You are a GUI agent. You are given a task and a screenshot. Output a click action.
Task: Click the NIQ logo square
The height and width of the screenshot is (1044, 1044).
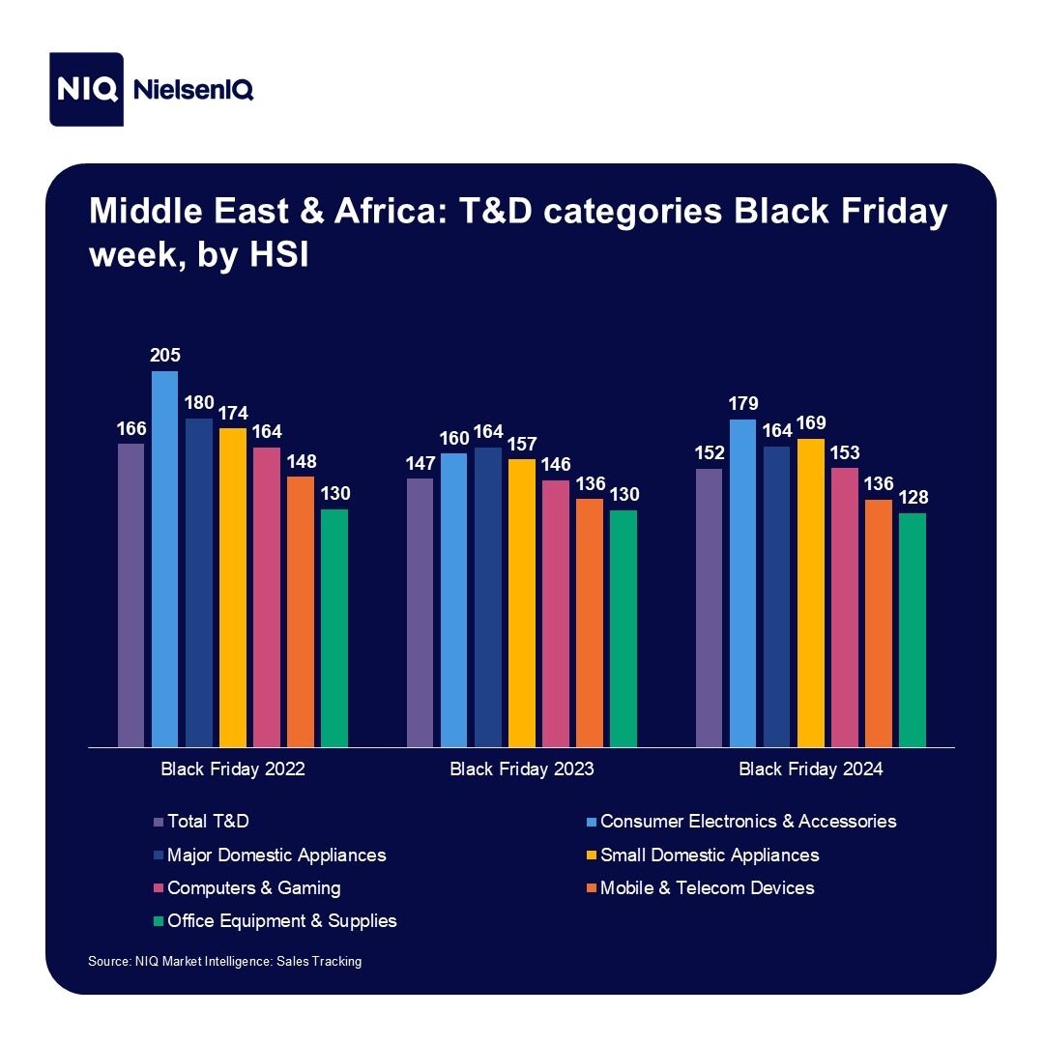(x=87, y=89)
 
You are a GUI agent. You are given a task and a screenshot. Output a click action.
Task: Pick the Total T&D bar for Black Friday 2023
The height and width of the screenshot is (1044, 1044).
(x=420, y=612)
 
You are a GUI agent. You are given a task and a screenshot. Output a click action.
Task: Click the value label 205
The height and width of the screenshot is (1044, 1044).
(x=164, y=356)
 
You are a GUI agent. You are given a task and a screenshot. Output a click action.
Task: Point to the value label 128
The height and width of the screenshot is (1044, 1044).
(x=913, y=498)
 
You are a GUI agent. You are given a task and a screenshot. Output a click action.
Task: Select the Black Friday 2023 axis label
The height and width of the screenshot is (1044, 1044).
(x=522, y=770)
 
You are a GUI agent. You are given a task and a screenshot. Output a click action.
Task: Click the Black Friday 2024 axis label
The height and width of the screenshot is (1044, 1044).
(x=811, y=770)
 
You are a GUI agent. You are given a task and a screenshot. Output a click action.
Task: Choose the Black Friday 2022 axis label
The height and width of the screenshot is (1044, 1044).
(x=232, y=770)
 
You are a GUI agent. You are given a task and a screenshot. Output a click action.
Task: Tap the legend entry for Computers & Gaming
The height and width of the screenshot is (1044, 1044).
(x=253, y=887)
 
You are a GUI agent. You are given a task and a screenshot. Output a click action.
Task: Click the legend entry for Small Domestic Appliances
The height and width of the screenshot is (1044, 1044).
(x=710, y=855)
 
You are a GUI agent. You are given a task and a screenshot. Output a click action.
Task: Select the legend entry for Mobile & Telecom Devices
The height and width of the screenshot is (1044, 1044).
(x=707, y=887)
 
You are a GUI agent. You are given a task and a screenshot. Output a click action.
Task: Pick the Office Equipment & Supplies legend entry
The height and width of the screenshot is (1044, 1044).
(x=281, y=920)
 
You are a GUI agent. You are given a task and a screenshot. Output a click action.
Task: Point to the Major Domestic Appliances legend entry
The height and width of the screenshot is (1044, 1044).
(x=275, y=855)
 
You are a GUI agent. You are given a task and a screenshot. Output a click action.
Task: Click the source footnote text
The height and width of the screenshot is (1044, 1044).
(x=224, y=962)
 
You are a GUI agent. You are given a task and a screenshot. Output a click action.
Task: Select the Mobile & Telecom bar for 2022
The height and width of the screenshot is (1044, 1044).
(x=300, y=611)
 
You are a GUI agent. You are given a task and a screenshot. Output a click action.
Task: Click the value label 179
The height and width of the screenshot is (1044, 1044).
(x=743, y=404)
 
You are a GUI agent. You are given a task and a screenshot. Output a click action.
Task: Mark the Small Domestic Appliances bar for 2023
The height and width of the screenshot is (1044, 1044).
(x=521, y=603)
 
